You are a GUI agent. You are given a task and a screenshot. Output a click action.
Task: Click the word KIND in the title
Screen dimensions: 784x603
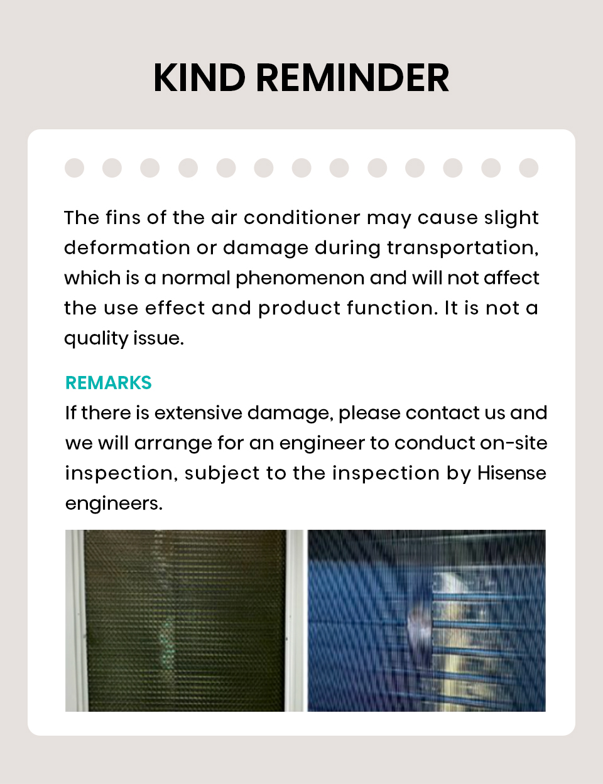click(x=198, y=78)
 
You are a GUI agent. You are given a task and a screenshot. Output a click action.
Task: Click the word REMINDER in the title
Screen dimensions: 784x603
click(x=352, y=78)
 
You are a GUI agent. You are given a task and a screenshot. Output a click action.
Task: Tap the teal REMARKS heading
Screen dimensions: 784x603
click(x=109, y=382)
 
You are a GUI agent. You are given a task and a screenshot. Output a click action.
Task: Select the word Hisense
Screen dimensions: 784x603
click(x=511, y=473)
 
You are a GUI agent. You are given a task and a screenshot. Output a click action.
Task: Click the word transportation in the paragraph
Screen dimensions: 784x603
click(x=462, y=248)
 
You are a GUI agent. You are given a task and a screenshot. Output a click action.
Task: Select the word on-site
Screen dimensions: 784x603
click(x=513, y=443)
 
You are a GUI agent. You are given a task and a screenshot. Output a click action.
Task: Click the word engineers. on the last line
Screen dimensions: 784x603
click(x=114, y=503)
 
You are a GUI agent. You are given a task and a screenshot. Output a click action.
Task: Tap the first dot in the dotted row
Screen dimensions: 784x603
click(x=74, y=168)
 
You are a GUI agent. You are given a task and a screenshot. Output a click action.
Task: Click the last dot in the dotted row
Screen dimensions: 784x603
click(x=528, y=168)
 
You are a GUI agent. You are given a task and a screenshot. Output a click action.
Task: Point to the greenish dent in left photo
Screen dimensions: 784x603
click(x=167, y=643)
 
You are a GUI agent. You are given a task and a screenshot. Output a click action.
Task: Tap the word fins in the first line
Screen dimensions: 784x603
click(x=123, y=218)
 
